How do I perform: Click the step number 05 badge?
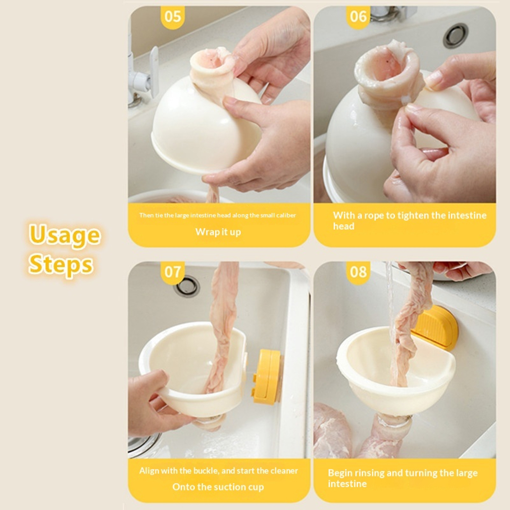172,17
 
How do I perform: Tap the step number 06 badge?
358,17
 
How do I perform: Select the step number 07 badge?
172,272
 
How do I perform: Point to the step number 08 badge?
358,272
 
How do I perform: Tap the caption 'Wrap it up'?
218,232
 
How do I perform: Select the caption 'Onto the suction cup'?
218,487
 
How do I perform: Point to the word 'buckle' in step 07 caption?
205,471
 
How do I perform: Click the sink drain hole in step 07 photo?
188,286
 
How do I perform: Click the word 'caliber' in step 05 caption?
286,215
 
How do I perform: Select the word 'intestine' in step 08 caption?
347,484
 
